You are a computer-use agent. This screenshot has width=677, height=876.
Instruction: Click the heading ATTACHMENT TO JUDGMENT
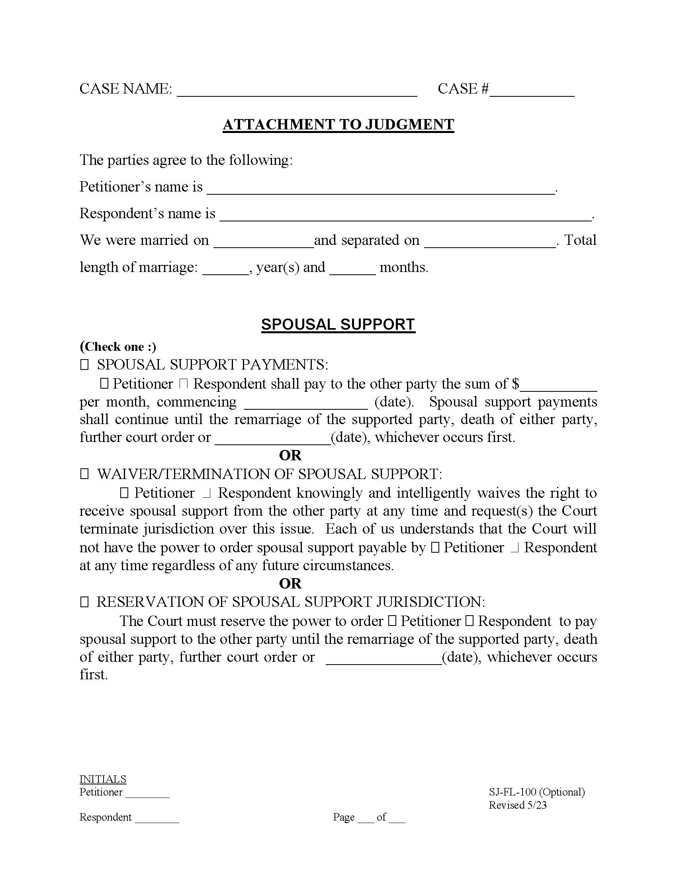click(x=338, y=125)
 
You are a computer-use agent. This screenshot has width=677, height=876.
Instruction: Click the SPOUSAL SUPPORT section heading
click(x=338, y=325)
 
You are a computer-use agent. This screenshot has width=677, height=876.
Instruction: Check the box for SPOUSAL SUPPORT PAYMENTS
click(x=84, y=365)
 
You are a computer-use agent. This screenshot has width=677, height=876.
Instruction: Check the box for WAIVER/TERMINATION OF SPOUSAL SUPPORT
click(x=84, y=475)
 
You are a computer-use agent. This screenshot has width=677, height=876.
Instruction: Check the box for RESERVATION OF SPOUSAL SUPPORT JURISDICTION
click(x=84, y=602)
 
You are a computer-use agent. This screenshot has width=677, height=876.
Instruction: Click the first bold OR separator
click(x=290, y=456)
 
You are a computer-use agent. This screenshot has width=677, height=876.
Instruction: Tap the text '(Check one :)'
click(x=118, y=347)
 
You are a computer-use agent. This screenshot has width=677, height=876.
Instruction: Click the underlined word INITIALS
click(x=103, y=779)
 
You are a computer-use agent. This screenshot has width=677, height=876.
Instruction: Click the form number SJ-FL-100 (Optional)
click(x=537, y=792)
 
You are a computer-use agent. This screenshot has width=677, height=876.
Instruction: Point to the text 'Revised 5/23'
click(x=517, y=805)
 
